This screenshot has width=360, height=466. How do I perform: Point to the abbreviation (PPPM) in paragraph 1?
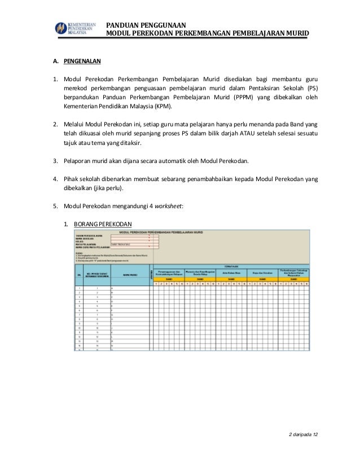pos(243,97)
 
